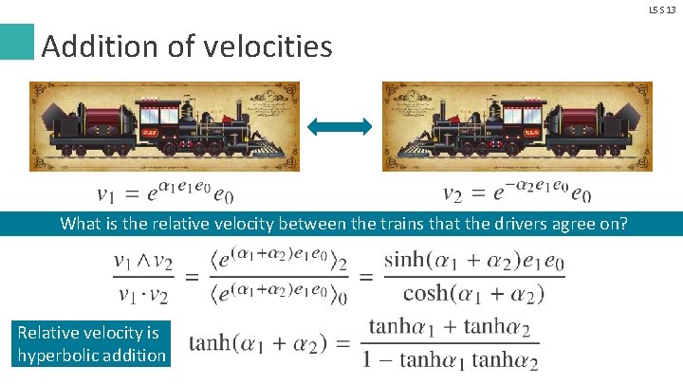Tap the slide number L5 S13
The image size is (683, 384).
click(x=662, y=9)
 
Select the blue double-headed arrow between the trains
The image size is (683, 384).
click(x=341, y=126)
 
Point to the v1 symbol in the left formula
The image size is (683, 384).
click(x=108, y=195)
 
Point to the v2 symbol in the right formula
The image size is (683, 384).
click(x=454, y=195)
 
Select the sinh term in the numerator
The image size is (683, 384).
click(x=406, y=259)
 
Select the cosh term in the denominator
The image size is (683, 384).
click(x=426, y=294)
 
